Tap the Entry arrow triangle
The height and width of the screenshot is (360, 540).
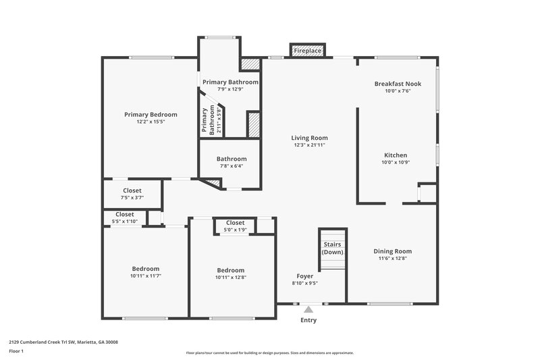(308, 309)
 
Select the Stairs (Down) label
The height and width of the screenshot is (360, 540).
(333, 248)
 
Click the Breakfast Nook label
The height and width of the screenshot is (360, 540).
(398, 84)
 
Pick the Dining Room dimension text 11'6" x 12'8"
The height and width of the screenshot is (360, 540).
(392, 258)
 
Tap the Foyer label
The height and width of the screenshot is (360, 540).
(304, 276)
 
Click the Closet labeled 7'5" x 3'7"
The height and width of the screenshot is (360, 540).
(132, 198)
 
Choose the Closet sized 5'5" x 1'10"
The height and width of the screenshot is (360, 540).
(124, 222)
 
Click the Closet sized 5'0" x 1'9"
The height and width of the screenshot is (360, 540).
(235, 230)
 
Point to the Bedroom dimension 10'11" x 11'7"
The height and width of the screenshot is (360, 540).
(145, 276)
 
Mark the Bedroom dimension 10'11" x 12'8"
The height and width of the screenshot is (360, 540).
(230, 277)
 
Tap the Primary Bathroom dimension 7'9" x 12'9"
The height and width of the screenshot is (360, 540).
(230, 88)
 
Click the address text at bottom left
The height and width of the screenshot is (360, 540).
(63, 342)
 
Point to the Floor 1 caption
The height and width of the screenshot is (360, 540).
(16, 351)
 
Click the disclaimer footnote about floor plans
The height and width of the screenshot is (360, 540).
(269, 353)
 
